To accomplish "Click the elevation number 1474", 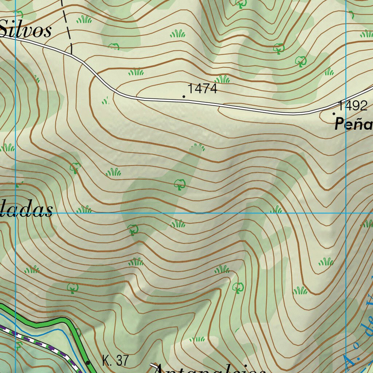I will (x=202, y=89).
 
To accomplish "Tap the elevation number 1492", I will (x=353, y=106).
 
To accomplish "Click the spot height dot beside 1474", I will (x=184, y=97).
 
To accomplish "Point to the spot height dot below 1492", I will (x=334, y=114).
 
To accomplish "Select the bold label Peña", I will (x=354, y=125).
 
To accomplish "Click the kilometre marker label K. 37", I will (x=115, y=361).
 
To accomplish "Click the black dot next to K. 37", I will (x=88, y=362).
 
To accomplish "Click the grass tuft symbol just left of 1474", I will (x=136, y=72).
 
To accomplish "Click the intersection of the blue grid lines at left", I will (x=16, y=213).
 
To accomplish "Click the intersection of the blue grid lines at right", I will (x=346, y=213).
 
